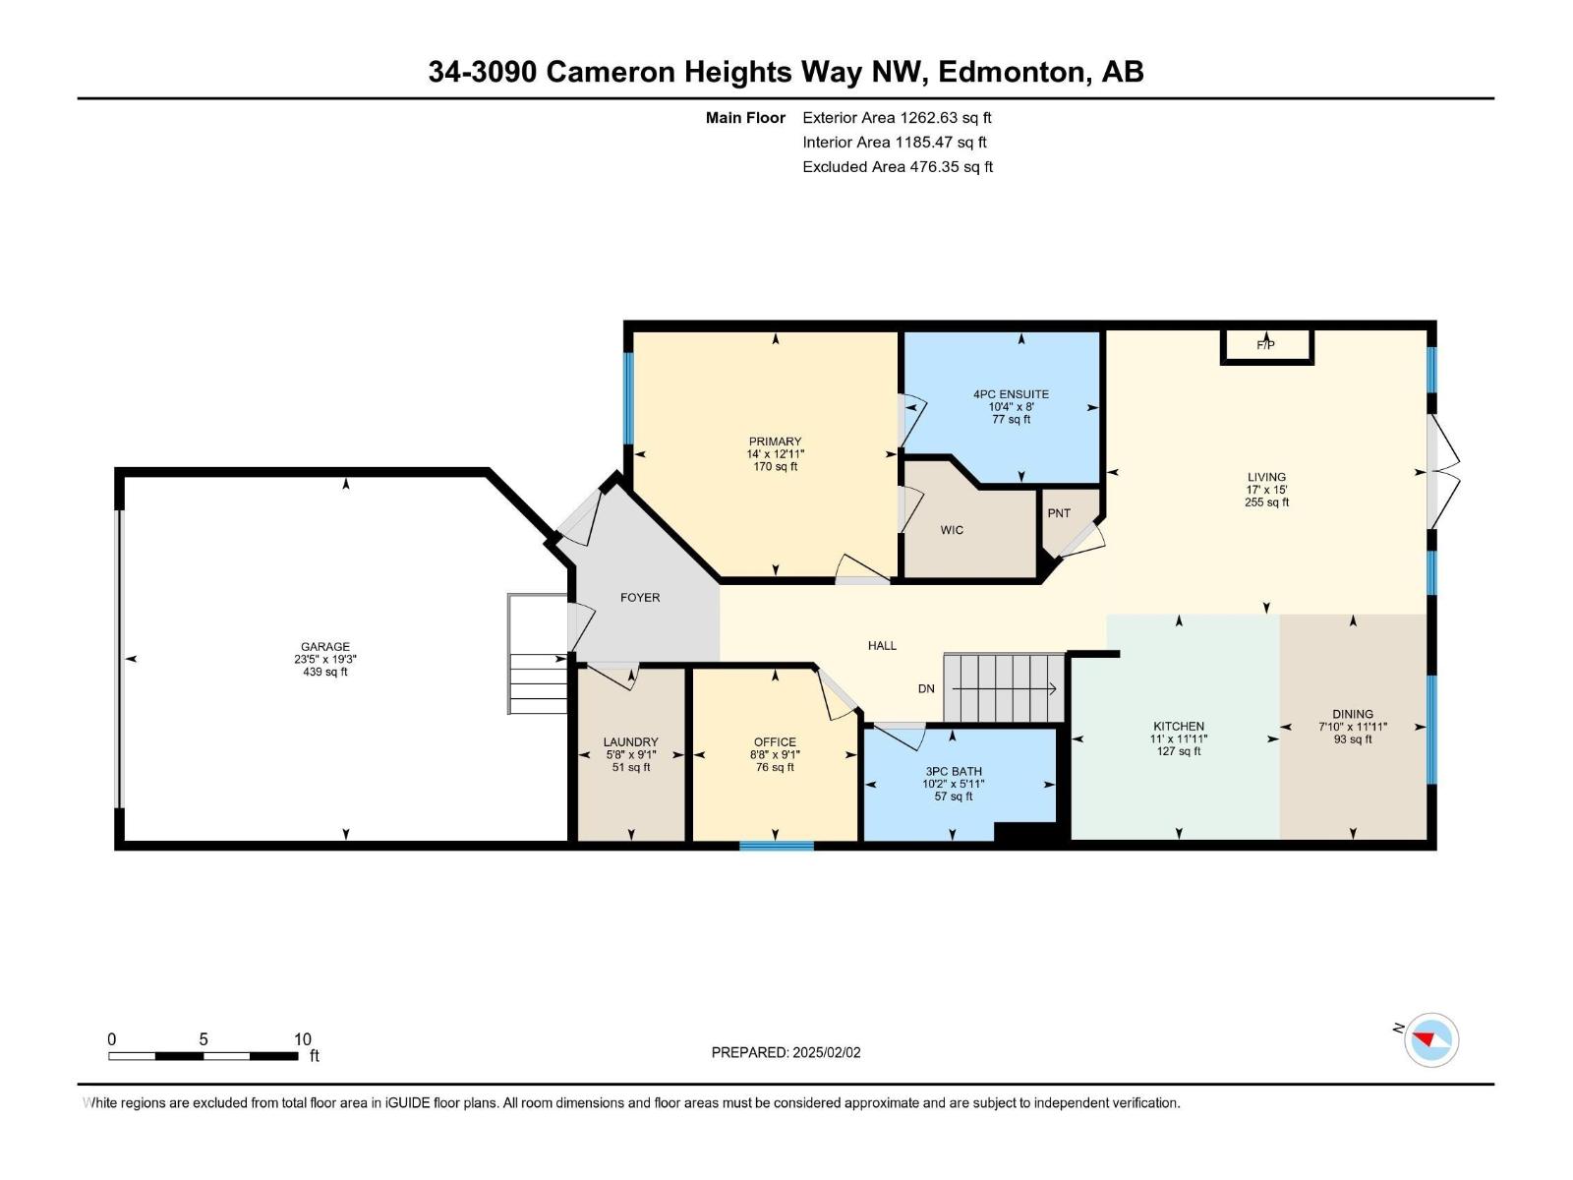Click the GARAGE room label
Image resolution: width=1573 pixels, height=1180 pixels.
(324, 647)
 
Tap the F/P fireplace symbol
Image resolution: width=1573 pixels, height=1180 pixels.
(1266, 345)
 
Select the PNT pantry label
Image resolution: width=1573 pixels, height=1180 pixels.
(1059, 513)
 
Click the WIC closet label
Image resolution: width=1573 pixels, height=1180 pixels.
(952, 530)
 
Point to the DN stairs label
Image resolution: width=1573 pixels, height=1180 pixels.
(926, 688)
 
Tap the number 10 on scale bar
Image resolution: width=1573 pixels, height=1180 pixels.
(303, 1039)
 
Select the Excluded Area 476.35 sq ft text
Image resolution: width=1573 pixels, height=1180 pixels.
(897, 167)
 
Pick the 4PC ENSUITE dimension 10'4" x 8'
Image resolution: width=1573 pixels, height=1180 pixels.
(1011, 407)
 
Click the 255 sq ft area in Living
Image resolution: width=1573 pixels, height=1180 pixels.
(1266, 502)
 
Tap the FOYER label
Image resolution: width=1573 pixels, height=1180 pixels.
(640, 598)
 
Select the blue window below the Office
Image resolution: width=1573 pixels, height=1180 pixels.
(776, 845)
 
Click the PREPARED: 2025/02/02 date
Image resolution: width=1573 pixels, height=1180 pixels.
(786, 1052)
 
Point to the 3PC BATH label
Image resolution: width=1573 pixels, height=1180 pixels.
(953, 771)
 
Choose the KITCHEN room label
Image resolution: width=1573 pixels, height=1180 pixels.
(1178, 727)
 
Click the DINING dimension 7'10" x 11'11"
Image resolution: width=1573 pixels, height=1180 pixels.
(1353, 727)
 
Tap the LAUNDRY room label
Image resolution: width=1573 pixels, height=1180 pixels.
(630, 742)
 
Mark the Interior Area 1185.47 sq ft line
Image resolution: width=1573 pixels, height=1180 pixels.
(894, 143)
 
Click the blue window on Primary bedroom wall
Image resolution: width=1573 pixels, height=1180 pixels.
(629, 398)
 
